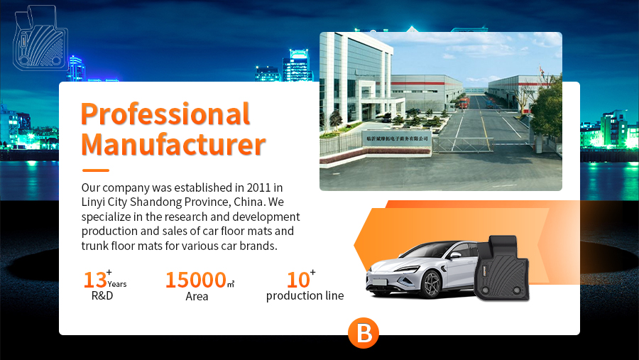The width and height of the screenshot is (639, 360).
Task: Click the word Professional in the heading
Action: [165, 114]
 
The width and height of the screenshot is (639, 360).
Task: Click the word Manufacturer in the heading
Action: [173, 144]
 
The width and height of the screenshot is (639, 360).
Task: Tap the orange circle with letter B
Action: [364, 333]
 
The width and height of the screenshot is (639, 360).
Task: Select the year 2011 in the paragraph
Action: [258, 187]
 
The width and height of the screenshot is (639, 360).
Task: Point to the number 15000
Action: [196, 280]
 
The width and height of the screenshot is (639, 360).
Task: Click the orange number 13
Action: [95, 280]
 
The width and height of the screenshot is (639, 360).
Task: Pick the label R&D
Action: [102, 295]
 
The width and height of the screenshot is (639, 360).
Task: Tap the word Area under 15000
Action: [197, 296]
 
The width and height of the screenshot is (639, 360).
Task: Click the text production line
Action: [305, 295]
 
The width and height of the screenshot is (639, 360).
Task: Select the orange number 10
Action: [298, 280]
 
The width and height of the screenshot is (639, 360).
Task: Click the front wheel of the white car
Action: [432, 284]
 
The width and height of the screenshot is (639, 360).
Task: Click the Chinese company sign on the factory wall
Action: [397, 138]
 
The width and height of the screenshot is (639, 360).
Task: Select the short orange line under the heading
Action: [96, 170]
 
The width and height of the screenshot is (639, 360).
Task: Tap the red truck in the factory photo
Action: [464, 103]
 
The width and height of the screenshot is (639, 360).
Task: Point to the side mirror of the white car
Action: [455, 255]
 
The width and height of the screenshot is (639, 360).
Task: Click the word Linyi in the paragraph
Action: [93, 202]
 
